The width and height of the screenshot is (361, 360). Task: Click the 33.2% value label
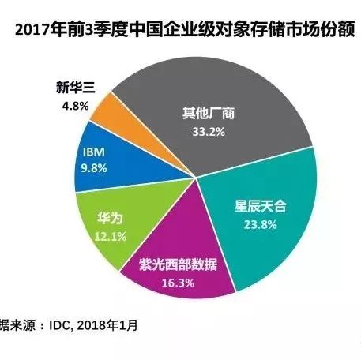[209, 132]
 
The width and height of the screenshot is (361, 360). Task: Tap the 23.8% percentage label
[260, 225]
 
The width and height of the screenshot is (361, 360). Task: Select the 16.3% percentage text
[178, 283]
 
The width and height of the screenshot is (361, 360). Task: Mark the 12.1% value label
[111, 237]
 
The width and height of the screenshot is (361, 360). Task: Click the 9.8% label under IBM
[94, 168]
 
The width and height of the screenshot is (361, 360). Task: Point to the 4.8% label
[75, 107]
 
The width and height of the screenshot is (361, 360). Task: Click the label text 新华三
[76, 88]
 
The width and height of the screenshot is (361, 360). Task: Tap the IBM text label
[94, 152]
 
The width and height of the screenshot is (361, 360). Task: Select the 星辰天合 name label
[260, 206]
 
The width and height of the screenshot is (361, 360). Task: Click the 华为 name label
[111, 218]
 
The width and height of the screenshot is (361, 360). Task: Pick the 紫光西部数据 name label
[179, 264]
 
